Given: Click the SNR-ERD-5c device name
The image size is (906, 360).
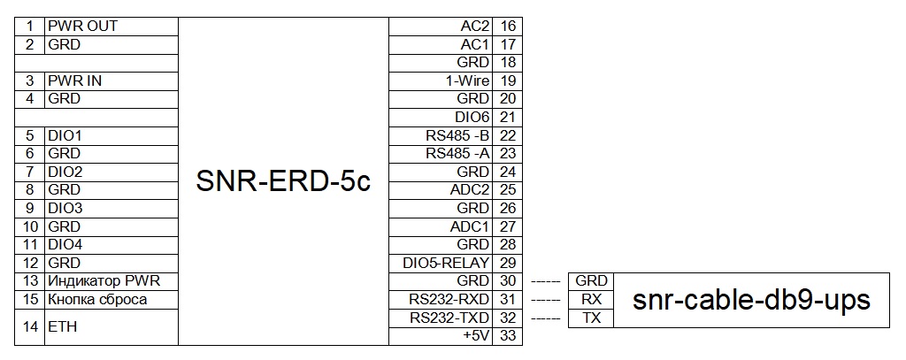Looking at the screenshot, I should [x=283, y=181].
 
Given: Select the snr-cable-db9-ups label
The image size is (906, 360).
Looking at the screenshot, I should [x=751, y=300].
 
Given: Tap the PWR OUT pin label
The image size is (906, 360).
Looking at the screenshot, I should [x=82, y=26].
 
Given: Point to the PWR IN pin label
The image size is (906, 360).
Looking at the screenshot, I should [x=75, y=80].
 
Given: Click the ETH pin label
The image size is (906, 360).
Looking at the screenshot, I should [x=63, y=327].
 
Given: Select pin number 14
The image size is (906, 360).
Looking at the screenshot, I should [x=30, y=327].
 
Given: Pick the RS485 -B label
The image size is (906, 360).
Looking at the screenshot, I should [x=457, y=135].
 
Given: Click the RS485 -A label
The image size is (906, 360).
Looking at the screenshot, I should [x=457, y=154].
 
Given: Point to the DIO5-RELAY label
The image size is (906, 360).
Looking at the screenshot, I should [x=446, y=263].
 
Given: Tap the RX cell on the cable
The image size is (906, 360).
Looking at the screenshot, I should [x=591, y=300].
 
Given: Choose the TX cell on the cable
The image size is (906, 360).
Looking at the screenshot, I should [x=591, y=318].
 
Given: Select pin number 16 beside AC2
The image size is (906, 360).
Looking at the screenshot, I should [x=508, y=26].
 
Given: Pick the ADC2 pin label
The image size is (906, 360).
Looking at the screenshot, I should [x=470, y=190].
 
